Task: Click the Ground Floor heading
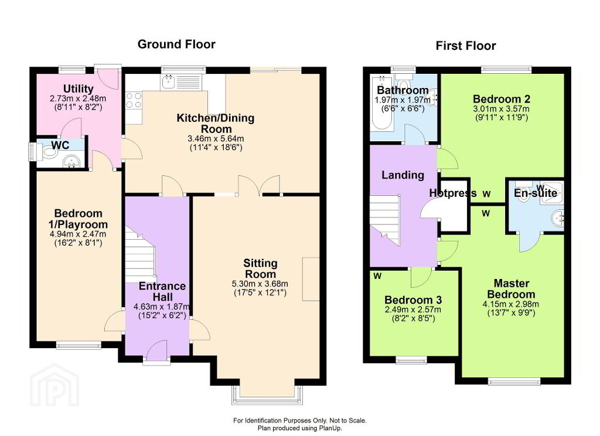176,45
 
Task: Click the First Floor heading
466,46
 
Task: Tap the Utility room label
78,89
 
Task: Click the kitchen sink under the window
168,81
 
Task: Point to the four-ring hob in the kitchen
134,100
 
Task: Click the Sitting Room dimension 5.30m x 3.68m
260,284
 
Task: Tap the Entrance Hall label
162,291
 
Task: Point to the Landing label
403,175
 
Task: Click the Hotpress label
453,193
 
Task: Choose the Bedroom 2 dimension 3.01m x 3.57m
502,109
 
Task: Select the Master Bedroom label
511,289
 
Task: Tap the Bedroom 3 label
413,299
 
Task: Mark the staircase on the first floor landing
384,220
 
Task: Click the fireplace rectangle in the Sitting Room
311,279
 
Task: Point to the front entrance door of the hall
157,352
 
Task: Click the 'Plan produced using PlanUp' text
299,428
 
